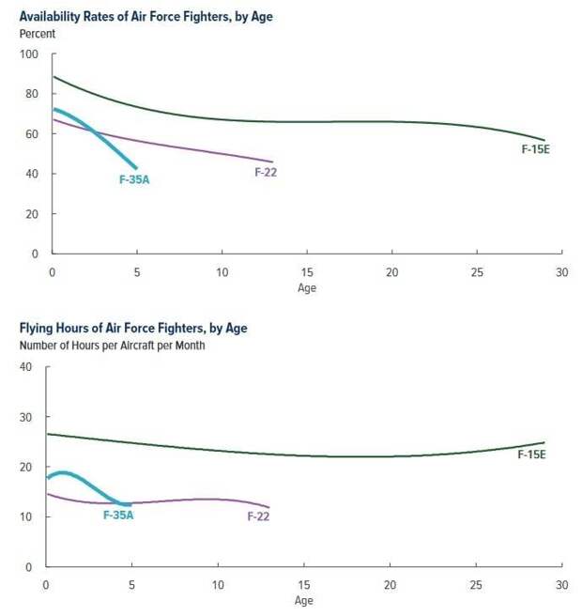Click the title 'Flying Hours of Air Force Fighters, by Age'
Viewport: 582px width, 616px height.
point(133,329)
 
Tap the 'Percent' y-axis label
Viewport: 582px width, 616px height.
point(38,34)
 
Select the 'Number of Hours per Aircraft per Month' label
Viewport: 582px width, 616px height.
point(113,346)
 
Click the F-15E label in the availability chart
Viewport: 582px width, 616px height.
point(535,148)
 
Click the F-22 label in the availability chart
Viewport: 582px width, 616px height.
point(266,172)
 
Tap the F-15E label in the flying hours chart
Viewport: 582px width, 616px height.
point(532,454)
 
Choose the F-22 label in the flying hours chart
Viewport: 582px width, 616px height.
point(259,516)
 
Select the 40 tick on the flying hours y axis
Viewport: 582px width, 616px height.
point(25,367)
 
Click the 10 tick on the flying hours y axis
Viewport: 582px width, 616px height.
point(25,517)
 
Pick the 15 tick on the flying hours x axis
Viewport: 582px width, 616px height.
point(304,585)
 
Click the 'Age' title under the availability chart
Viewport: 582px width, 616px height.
point(307,288)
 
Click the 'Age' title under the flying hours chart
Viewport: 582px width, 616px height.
point(304,601)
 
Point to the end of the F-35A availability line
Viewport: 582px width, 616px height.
point(136,168)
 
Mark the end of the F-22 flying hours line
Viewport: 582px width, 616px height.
point(269,508)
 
